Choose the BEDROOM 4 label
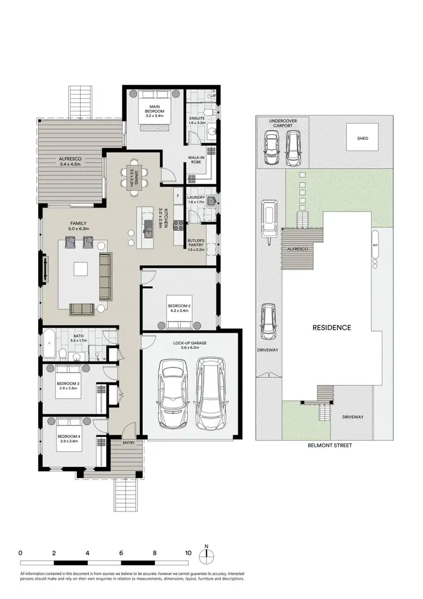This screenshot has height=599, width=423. pyautogui.click(x=67, y=439)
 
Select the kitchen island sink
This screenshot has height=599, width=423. pyautogui.click(x=149, y=227)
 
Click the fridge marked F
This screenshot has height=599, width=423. pyautogui.click(x=178, y=196)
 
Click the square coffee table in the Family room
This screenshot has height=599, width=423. pyautogui.click(x=81, y=268)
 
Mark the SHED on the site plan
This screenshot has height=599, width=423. pyautogui.click(x=362, y=138)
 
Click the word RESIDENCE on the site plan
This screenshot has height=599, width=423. pyautogui.click(x=332, y=328)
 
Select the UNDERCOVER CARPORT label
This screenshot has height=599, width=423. pyautogui.click(x=282, y=124)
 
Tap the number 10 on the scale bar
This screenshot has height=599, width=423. pyautogui.click(x=188, y=553)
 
